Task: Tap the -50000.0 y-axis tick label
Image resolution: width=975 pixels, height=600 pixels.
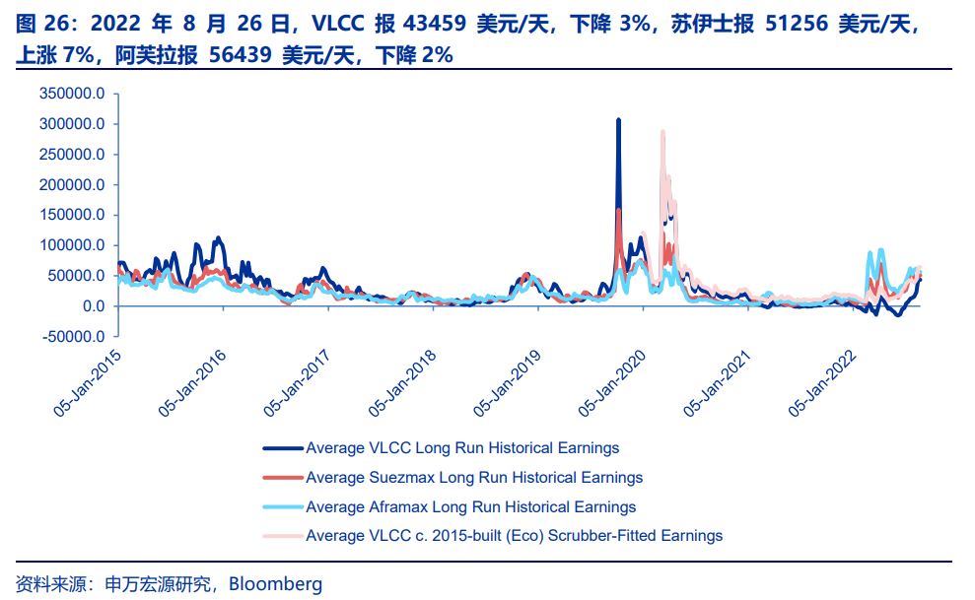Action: pyautogui.click(x=75, y=337)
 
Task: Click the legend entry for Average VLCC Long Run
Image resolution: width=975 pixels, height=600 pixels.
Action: pyautogui.click(x=462, y=448)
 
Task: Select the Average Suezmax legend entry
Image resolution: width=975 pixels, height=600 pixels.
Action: pyautogui.click(x=474, y=478)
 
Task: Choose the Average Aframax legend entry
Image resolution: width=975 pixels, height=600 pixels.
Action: pyautogui.click(x=470, y=507)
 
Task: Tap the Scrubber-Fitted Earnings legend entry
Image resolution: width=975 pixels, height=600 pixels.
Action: pyautogui.click(x=514, y=536)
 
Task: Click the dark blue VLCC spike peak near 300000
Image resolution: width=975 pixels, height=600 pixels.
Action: pyautogui.click(x=618, y=121)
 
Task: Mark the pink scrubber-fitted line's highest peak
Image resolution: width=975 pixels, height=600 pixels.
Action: pyautogui.click(x=662, y=131)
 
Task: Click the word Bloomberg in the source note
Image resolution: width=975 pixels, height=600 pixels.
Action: pyautogui.click(x=275, y=583)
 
